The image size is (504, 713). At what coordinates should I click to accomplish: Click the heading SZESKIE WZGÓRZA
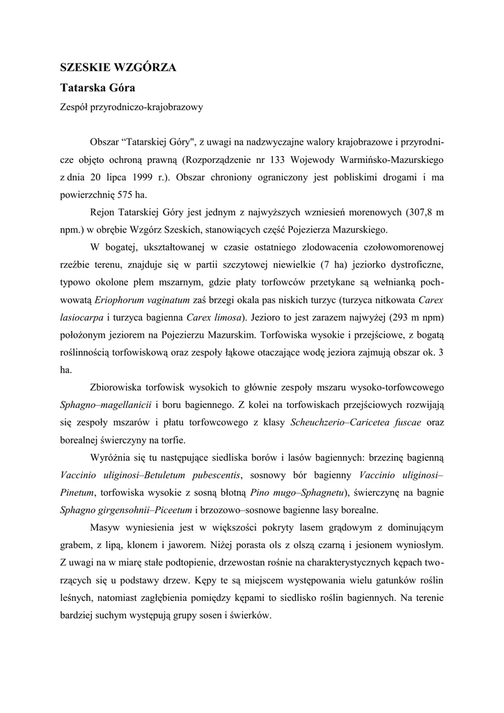[x=118, y=68]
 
